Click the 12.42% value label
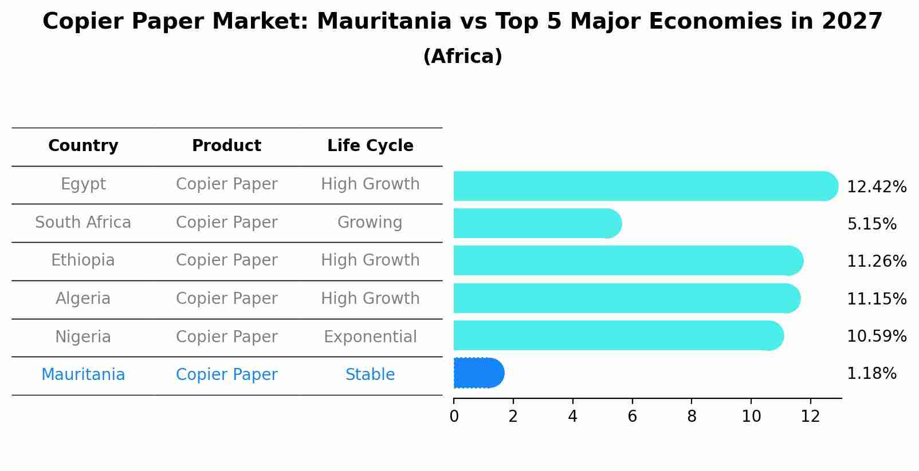876,187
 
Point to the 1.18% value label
871,374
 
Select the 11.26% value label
876,262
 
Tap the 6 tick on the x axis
632,416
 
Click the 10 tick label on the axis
751,416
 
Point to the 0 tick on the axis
454,416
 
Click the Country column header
83,146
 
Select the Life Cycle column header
370,146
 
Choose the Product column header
226,146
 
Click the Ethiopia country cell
83,260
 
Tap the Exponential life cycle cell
370,337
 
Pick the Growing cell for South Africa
370,223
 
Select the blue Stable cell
370,375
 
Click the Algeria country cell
83,299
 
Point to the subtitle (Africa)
462,57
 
